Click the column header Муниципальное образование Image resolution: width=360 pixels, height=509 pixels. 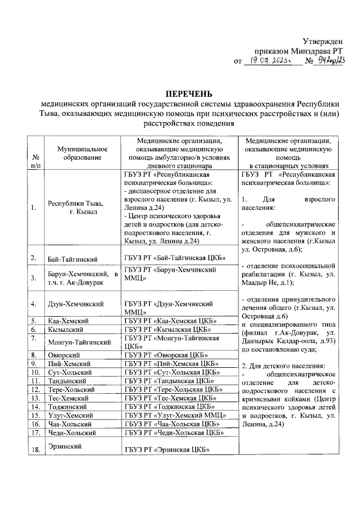point(82,152)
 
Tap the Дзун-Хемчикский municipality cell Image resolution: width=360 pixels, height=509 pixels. point(76,304)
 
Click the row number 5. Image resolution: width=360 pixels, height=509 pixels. point(34,320)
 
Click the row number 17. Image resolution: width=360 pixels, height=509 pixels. point(35,433)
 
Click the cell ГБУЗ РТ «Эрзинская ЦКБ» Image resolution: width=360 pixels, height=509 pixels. point(167,449)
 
